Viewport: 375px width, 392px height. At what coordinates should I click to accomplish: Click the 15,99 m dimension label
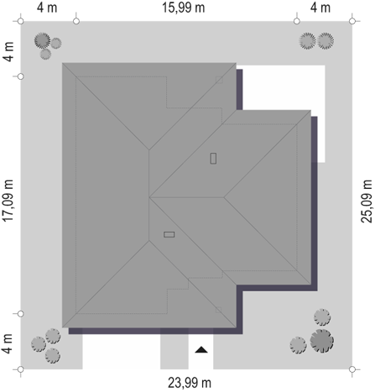click(184, 8)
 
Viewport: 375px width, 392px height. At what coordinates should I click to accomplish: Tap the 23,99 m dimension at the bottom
click(190, 383)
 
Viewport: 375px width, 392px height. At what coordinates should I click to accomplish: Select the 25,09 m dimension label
click(367, 201)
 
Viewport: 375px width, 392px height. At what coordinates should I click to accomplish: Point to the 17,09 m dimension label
click(8, 201)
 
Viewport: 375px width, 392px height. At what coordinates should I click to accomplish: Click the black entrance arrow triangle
click(201, 350)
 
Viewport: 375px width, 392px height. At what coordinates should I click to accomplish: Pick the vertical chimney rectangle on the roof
click(213, 159)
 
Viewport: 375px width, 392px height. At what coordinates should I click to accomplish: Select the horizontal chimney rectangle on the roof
click(169, 234)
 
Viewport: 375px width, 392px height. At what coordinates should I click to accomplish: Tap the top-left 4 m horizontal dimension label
click(47, 8)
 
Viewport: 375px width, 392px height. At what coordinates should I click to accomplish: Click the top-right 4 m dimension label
click(320, 8)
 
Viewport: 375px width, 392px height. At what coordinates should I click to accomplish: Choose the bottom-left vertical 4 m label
click(8, 343)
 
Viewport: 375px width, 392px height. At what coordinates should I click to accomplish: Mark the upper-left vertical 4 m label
click(8, 52)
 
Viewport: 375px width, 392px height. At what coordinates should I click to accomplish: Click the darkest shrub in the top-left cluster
click(43, 40)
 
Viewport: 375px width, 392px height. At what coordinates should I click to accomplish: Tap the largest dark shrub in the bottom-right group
click(322, 341)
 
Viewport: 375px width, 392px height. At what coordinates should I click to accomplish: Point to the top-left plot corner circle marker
click(20, 21)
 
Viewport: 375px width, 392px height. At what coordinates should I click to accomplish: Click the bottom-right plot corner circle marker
click(352, 369)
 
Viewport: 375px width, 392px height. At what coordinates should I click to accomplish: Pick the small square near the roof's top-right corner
click(219, 80)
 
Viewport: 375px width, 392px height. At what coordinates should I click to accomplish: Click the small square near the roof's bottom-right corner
click(219, 310)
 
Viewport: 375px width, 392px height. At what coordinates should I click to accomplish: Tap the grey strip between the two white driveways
click(174, 352)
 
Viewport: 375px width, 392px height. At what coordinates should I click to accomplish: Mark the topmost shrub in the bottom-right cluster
click(322, 317)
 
